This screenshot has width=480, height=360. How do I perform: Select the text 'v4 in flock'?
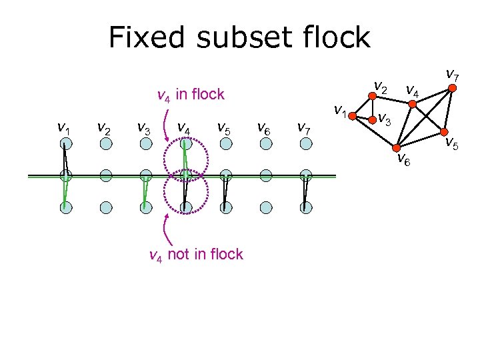[190, 95]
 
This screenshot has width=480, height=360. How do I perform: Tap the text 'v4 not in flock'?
[195, 255]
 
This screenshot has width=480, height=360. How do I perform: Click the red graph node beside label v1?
[352, 115]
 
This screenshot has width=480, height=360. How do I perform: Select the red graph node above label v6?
[395, 147]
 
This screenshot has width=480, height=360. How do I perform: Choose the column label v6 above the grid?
[264, 127]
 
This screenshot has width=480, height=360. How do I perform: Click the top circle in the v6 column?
[265, 145]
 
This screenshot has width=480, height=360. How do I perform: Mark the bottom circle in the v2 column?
[105, 207]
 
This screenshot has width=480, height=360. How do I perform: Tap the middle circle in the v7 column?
[305, 176]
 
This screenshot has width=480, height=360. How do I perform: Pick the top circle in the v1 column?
[65, 145]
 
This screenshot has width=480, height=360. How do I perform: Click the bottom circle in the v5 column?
[225, 207]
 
